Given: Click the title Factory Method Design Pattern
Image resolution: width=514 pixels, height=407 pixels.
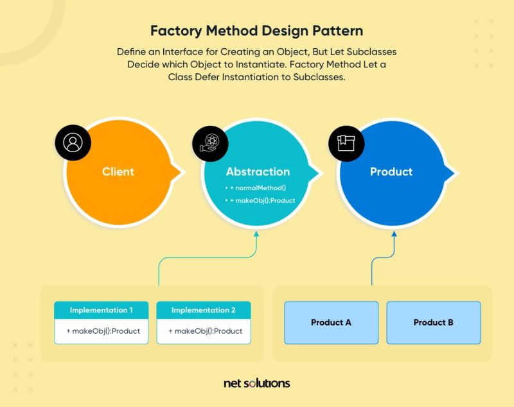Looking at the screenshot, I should [256, 31].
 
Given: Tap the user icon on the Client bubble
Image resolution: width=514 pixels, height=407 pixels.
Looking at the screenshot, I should [73, 143].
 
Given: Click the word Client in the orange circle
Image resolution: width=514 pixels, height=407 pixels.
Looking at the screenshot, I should [118, 171].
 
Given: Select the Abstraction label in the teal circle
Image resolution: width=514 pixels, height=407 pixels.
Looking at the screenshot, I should [258, 171].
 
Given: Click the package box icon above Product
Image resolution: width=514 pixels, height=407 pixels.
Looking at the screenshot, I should [346, 143].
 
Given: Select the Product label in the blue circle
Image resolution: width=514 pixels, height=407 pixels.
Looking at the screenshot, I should [391, 171].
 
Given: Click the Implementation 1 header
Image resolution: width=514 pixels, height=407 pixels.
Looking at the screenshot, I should [102, 310].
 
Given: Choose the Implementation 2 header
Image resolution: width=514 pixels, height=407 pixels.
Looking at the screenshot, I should [204, 310].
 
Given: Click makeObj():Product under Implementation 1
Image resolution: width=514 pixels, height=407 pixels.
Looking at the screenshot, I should [103, 331].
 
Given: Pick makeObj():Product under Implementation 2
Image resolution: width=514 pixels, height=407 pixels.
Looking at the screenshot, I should [205, 331].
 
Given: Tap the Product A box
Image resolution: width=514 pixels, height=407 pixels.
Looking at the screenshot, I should [331, 322].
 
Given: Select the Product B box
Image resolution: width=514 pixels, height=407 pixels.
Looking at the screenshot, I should [433, 322].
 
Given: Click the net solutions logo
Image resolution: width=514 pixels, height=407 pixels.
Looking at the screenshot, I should [257, 383].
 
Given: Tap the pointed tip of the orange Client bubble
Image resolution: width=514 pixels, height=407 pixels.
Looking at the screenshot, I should [184, 171].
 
